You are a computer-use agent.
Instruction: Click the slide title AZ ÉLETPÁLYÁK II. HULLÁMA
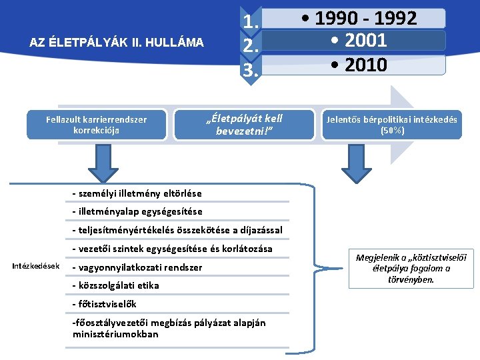click(117, 43)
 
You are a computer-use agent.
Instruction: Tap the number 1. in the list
click(251, 22)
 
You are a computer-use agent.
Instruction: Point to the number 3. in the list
click(251, 69)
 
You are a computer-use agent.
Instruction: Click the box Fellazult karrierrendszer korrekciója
click(97, 125)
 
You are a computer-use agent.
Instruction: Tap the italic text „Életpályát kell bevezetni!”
click(249, 124)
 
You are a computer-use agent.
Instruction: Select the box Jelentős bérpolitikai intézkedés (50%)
click(391, 125)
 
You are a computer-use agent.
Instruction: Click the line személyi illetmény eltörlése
click(137, 193)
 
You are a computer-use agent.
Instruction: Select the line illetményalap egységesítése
click(137, 211)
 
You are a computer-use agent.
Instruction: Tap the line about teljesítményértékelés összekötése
click(177, 230)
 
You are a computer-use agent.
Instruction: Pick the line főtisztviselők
click(104, 304)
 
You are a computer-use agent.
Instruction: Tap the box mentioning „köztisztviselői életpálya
click(411, 268)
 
